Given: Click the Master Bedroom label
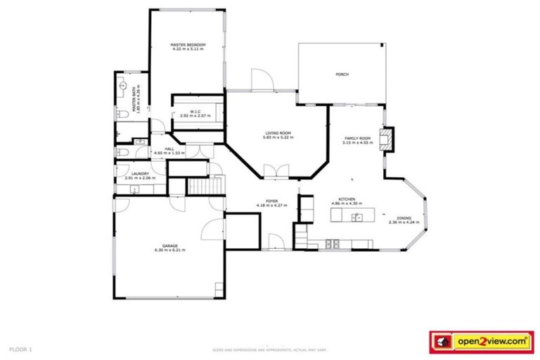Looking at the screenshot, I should [x=188, y=45].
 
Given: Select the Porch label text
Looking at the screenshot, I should [x=342, y=75].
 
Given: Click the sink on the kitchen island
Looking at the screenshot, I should [x=356, y=217].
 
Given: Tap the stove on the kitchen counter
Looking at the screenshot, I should [x=333, y=243].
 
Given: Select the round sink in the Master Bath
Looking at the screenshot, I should [x=120, y=88].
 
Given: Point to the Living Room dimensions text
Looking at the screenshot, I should [x=278, y=138].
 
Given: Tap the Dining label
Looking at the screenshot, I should [x=404, y=218].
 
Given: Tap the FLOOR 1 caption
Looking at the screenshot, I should [x=21, y=348].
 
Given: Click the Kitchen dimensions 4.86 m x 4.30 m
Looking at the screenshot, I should [x=347, y=203].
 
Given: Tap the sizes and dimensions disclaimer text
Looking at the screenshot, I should [x=270, y=349].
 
